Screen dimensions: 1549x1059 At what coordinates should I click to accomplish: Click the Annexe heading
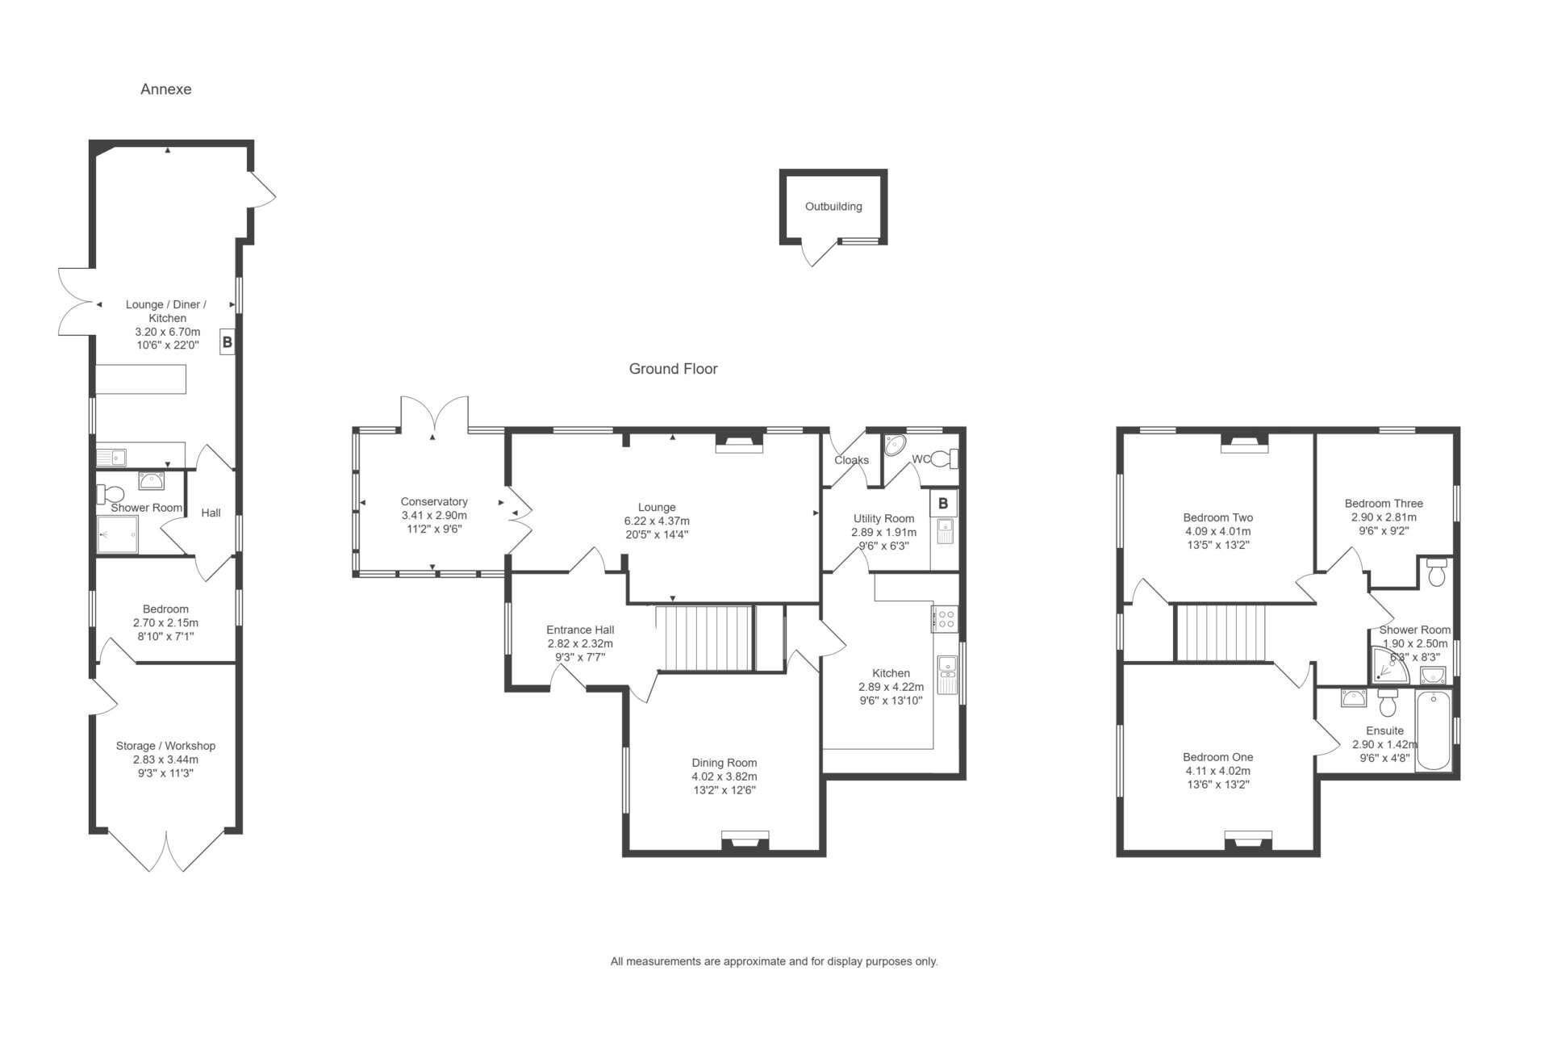tap(165, 90)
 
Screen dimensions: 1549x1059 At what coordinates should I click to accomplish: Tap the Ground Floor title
tap(673, 369)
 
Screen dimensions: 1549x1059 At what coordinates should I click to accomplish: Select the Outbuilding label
tap(833, 207)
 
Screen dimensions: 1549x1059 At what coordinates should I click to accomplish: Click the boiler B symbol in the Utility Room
tap(943, 504)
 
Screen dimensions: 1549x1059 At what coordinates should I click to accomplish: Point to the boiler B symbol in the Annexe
tap(228, 343)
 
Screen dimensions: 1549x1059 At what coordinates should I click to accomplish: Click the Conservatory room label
tap(434, 502)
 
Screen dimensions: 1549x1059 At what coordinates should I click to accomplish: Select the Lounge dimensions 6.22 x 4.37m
tap(657, 521)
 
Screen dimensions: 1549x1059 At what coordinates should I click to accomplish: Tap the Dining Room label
tap(724, 763)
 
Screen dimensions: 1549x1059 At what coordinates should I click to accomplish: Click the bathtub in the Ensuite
tap(1433, 730)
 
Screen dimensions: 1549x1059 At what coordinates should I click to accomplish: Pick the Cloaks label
tap(852, 460)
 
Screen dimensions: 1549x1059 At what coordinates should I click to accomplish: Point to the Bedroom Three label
tap(1384, 504)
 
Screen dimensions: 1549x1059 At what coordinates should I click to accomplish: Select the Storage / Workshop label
tap(165, 746)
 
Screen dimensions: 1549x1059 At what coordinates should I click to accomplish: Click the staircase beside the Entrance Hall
tap(704, 638)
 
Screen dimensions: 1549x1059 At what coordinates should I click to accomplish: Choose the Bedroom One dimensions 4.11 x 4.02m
tap(1218, 771)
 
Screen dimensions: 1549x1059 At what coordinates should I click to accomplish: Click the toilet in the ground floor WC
tap(945, 459)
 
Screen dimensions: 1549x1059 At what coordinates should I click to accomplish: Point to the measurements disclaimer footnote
tap(774, 961)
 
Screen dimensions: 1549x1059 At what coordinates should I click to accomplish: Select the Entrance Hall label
tap(580, 630)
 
